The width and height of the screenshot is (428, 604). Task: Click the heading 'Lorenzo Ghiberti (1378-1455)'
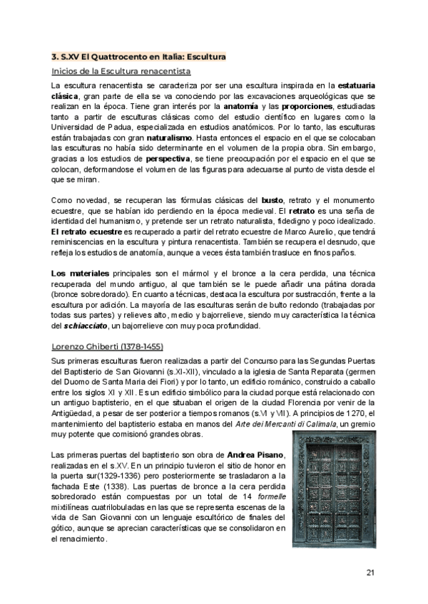[x=108, y=347]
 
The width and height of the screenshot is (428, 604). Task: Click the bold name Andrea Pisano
[x=258, y=455]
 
